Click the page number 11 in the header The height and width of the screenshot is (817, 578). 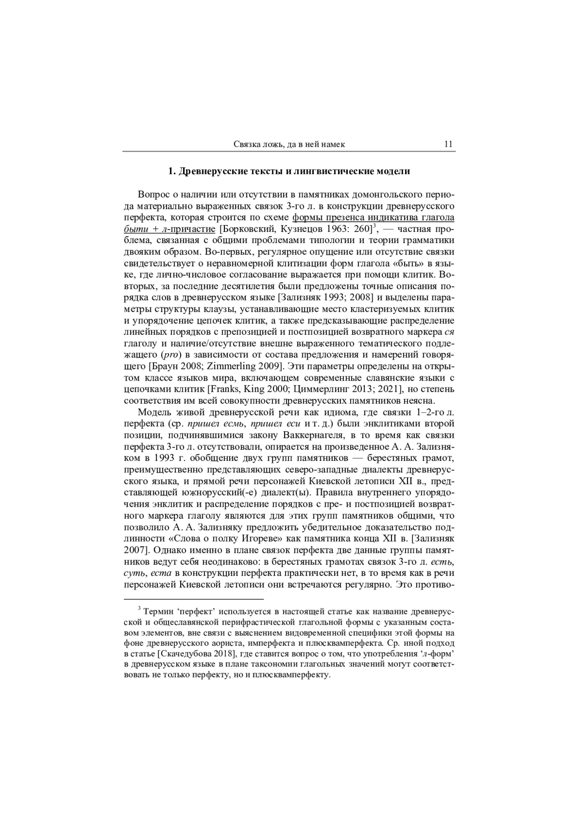[448, 144]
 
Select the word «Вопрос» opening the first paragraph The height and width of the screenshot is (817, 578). [153, 195]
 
